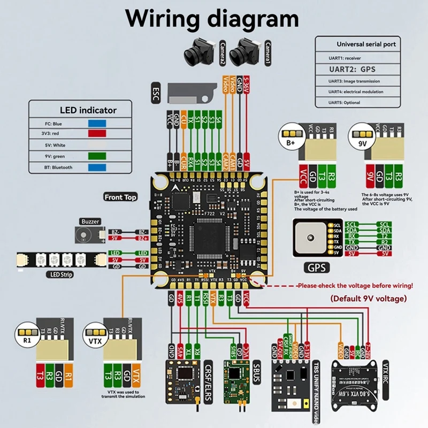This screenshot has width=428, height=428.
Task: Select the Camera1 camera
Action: coord(243,51)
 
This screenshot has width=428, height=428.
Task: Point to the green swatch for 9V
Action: coord(97,156)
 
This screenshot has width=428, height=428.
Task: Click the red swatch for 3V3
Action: coord(97,134)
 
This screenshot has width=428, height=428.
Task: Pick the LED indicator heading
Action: coord(89,110)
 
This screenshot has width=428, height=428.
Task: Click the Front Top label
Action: coord(121,197)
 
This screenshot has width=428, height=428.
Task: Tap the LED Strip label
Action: coord(59,275)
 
